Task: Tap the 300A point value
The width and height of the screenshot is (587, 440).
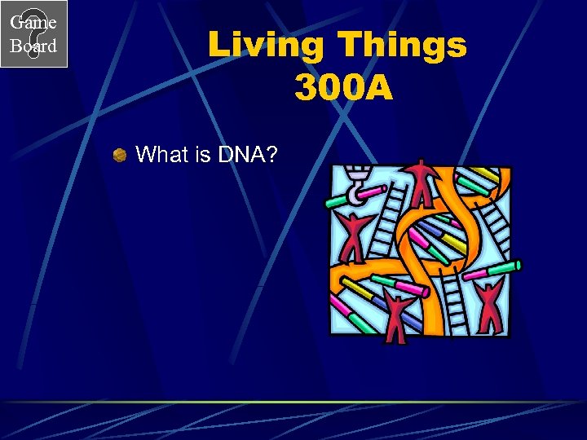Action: (343, 88)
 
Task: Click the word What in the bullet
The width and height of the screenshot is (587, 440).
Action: (161, 154)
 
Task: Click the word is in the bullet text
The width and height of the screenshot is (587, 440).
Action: (203, 154)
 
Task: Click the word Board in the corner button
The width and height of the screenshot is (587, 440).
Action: (33, 46)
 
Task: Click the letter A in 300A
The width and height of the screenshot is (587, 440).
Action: (377, 88)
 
